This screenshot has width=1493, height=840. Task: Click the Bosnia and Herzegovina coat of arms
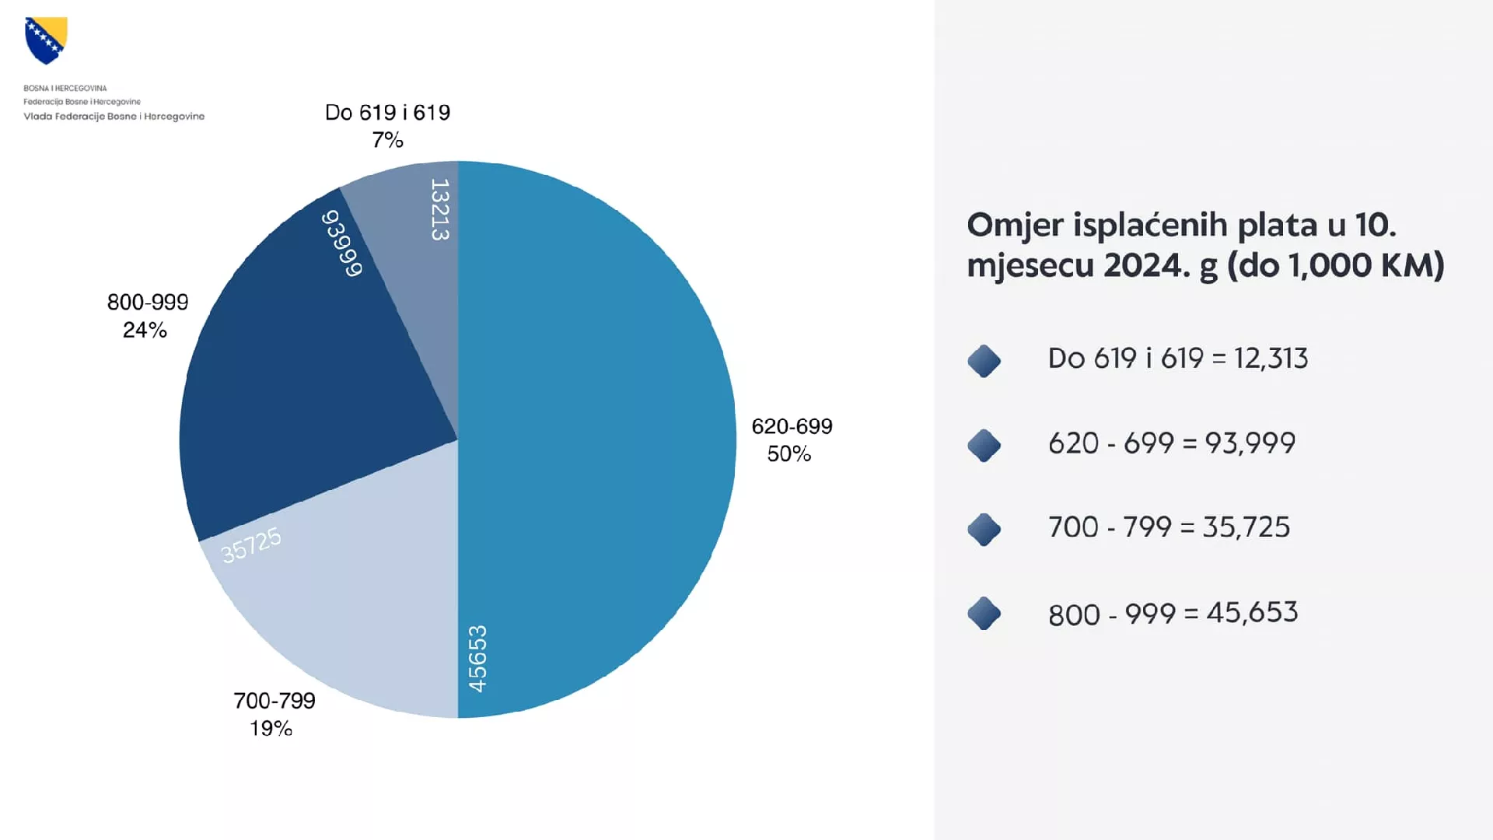click(x=46, y=40)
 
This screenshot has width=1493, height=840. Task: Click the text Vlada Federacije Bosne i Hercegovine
click(x=114, y=117)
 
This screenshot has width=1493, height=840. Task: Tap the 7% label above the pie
click(x=387, y=140)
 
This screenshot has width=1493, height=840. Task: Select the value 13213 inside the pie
click(x=440, y=209)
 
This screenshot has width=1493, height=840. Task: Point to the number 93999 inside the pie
click(x=342, y=243)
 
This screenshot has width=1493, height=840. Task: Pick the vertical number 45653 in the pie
click(x=477, y=658)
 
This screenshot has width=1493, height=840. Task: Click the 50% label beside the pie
click(x=788, y=454)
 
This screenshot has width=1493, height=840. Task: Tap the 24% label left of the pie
click(x=145, y=331)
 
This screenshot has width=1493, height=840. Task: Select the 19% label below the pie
click(x=271, y=729)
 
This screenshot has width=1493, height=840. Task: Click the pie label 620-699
click(x=792, y=426)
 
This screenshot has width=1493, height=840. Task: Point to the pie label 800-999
click(x=148, y=303)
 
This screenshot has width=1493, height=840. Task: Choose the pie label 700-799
click(x=274, y=701)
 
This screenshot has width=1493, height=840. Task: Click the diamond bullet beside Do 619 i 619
click(x=984, y=361)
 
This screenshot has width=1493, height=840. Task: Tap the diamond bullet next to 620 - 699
click(x=984, y=445)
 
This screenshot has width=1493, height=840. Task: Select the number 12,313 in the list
click(x=1271, y=359)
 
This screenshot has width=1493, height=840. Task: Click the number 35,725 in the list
click(x=1246, y=527)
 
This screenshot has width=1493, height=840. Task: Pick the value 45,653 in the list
click(x=1252, y=612)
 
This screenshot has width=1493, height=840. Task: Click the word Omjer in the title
click(x=1015, y=226)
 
